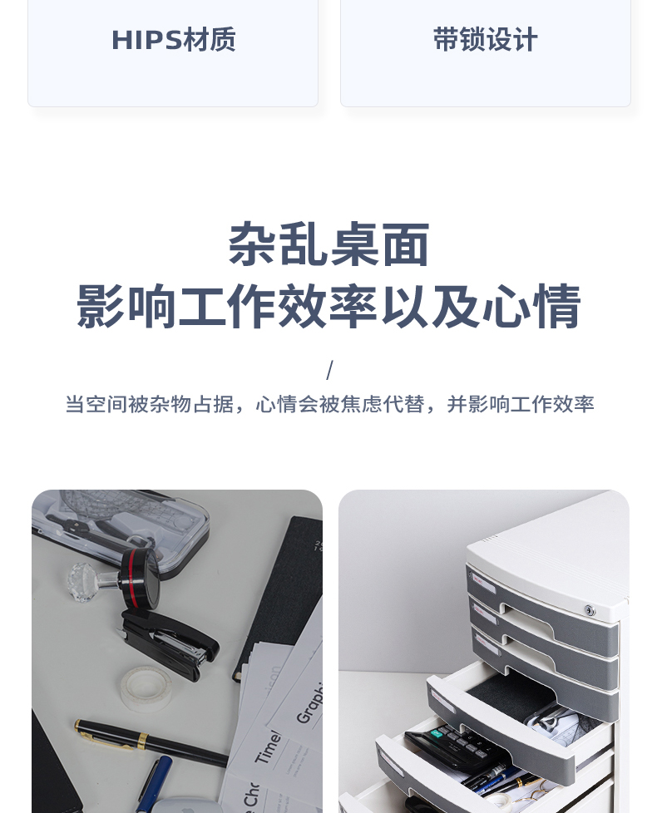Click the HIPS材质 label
tap(173, 39)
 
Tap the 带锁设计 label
tap(486, 39)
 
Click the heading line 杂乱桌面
tap(328, 244)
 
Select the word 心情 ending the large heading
tap(531, 307)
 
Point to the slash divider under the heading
tap(329, 370)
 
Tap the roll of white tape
tap(146, 689)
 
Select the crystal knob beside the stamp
tap(83, 581)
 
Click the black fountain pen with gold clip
tap(151, 742)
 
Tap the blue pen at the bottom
tap(155, 783)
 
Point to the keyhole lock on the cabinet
tap(590, 610)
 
